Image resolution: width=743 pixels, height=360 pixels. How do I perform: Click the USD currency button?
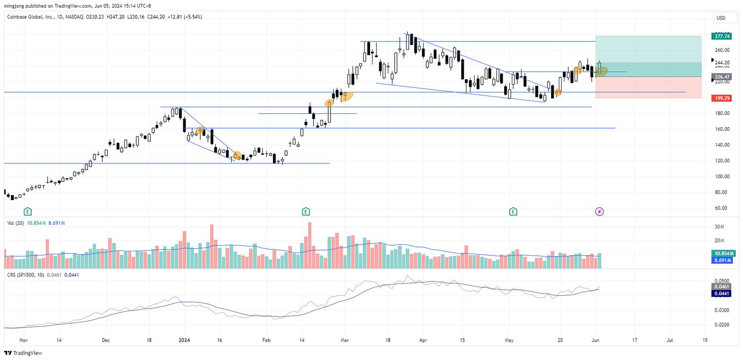[x=721, y=18]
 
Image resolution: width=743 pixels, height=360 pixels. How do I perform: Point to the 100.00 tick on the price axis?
[x=722, y=177]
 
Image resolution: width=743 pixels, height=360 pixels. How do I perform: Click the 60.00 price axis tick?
[x=722, y=208]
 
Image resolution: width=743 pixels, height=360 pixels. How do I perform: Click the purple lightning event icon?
[x=600, y=211]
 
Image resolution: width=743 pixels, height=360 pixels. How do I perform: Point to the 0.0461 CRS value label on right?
[x=724, y=286]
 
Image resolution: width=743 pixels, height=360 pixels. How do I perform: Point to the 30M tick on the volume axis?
[x=720, y=227]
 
